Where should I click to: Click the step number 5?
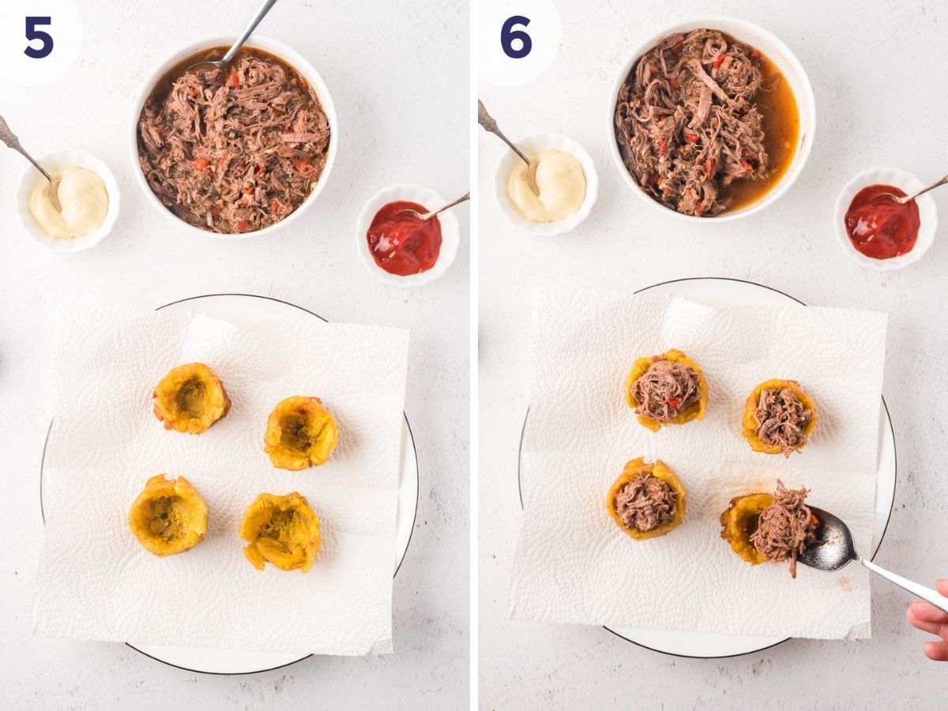tap(38, 37)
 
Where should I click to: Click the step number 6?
tap(515, 37)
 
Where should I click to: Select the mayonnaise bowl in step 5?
tap(69, 201)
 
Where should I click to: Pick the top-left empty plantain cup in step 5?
tap(191, 398)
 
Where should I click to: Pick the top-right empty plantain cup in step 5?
tap(300, 432)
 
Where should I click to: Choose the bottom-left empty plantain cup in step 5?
tap(168, 515)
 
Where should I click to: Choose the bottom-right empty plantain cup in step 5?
tap(280, 531)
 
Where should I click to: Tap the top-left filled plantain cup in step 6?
tap(667, 389)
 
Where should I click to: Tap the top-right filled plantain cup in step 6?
tap(779, 416)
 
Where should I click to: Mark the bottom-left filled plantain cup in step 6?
tap(646, 499)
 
